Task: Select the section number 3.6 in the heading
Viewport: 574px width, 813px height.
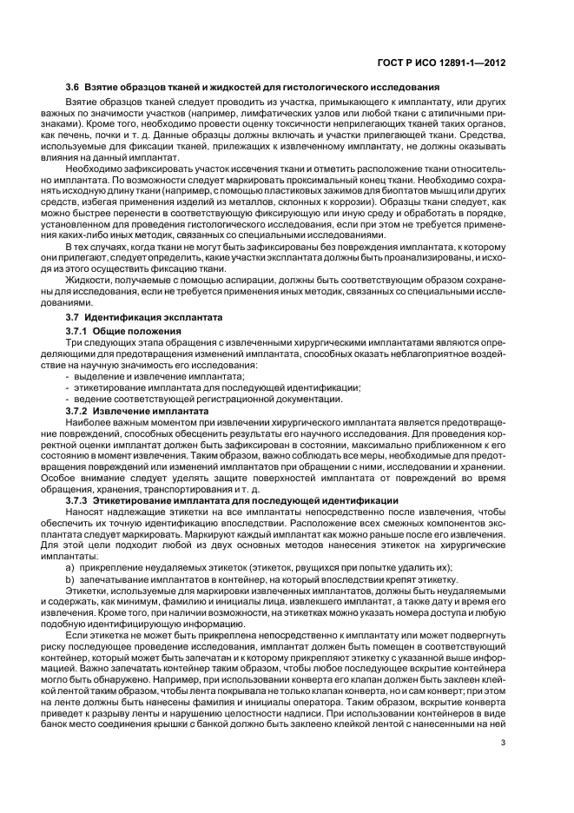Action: click(75, 87)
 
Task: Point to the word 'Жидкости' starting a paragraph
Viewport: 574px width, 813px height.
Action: click(88, 281)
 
